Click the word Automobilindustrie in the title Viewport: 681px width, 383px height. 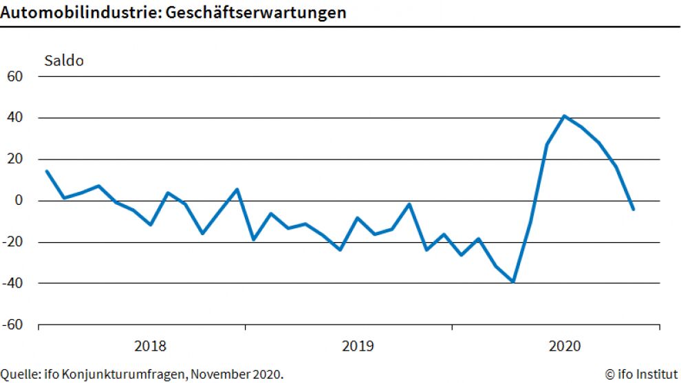tap(72, 12)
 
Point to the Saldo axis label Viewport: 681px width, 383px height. tap(64, 61)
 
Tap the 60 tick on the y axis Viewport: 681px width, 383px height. tap(14, 76)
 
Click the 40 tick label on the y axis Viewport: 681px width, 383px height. tap(14, 118)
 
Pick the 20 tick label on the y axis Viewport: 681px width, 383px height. tap(14, 159)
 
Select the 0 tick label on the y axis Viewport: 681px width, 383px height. tap(19, 201)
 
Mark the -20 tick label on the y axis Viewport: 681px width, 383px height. tap(12, 242)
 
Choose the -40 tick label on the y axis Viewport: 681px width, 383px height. tap(12, 283)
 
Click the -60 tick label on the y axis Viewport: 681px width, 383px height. tap(12, 325)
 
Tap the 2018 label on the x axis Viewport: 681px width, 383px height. tap(150, 345)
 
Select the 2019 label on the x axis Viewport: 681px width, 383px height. tap(357, 345)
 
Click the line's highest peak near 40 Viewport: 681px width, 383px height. tap(564, 116)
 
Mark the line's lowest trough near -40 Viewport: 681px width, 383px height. tap(513, 281)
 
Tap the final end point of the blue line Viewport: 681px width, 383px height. tap(633, 209)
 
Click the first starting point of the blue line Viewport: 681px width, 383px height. tap(46, 171)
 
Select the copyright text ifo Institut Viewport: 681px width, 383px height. tap(641, 374)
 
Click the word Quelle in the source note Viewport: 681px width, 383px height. tap(17, 374)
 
